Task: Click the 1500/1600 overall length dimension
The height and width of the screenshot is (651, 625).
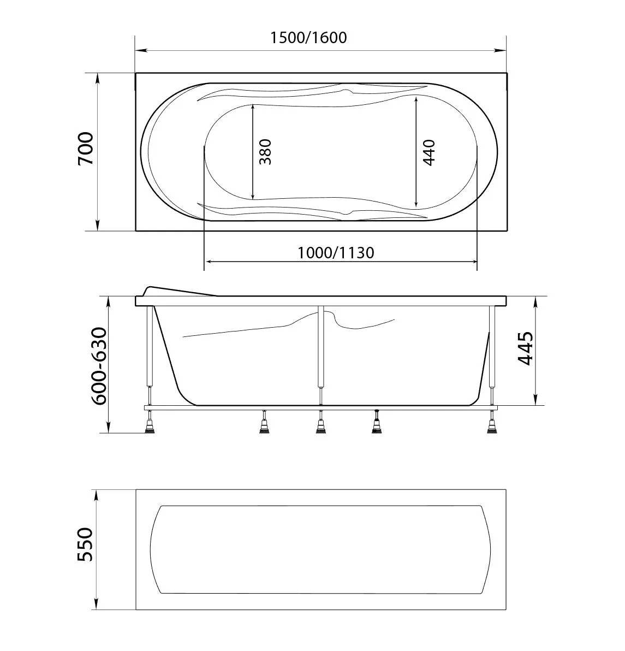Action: [x=308, y=38]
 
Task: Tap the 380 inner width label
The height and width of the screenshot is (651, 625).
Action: [x=265, y=152]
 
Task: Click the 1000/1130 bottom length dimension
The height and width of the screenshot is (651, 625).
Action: [x=336, y=253]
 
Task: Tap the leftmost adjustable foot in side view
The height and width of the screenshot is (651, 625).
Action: [x=149, y=425]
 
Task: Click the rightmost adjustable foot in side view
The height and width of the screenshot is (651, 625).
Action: [x=493, y=425]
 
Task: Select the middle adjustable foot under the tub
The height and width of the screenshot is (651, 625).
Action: [x=320, y=425]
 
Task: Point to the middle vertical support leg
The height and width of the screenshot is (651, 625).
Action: [x=320, y=355]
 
